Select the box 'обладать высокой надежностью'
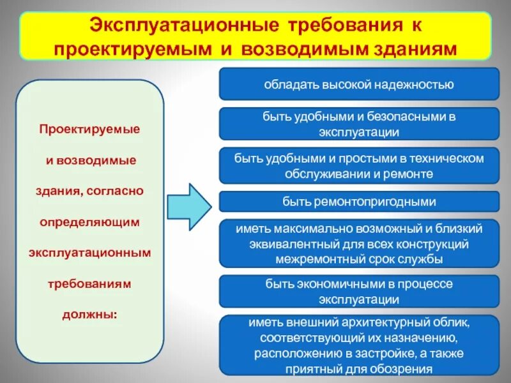pyautogui.click(x=359, y=84)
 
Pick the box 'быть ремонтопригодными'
pyautogui.click(x=359, y=202)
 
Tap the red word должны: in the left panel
pyautogui.click(x=89, y=313)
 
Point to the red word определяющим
pyautogui.click(x=89, y=222)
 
